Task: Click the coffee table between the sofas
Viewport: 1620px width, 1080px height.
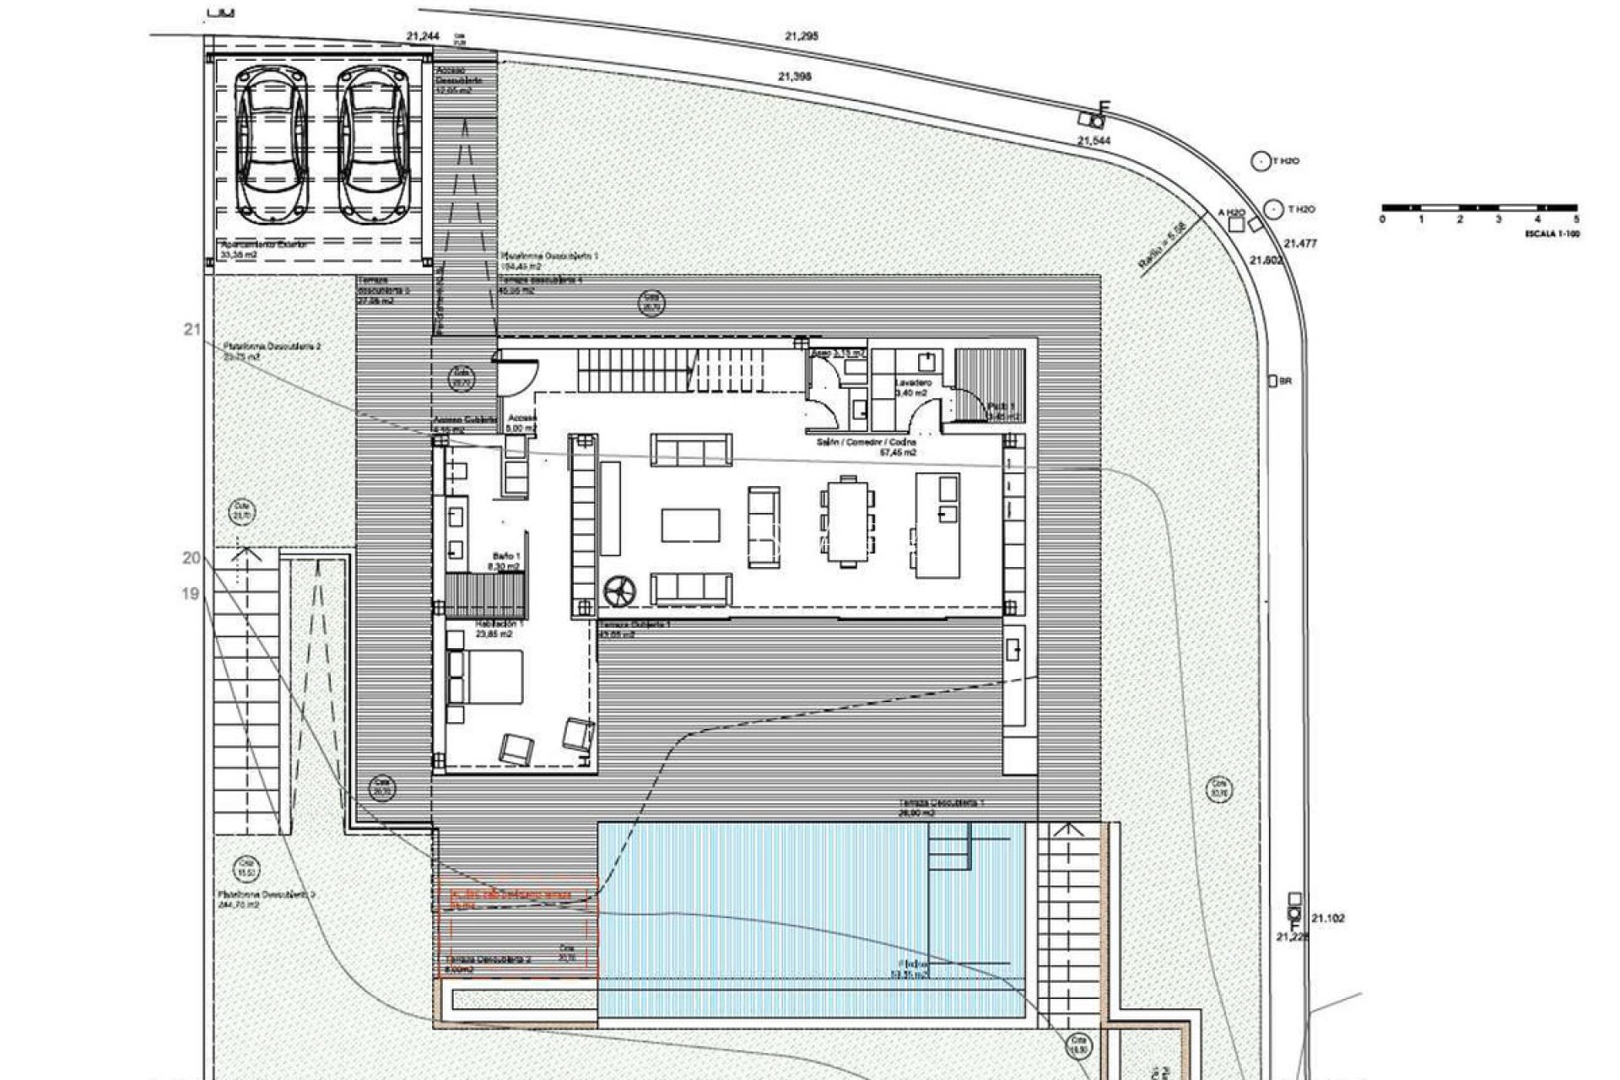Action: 690,525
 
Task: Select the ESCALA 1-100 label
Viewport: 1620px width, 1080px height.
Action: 1552,234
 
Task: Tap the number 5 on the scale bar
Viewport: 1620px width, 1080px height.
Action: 1576,219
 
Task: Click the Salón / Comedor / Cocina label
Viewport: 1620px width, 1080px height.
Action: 866,442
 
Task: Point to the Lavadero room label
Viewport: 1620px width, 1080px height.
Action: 913,382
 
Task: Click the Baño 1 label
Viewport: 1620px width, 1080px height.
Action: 506,556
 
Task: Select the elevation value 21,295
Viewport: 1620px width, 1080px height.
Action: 801,36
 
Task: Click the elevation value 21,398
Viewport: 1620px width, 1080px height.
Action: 794,76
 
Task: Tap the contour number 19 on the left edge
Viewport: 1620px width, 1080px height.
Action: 191,593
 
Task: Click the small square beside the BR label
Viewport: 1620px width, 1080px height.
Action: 1272,381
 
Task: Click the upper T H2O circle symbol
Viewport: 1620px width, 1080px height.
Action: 1261,161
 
